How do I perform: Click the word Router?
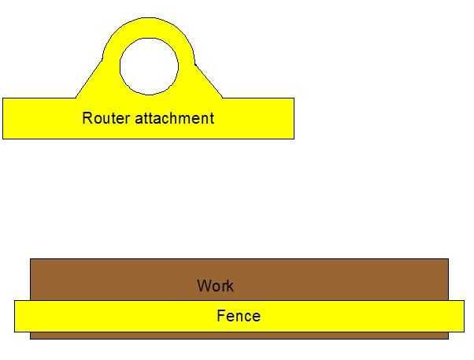point(106,119)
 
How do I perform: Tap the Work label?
point(216,286)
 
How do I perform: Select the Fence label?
point(238,316)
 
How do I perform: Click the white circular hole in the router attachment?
point(149,65)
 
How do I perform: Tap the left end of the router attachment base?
point(9,118)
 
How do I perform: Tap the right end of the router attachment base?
point(287,118)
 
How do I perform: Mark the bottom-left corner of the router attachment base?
point(3,139)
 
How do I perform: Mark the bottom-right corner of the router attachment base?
point(294,139)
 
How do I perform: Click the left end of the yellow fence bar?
point(20,316)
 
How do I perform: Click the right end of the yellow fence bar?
point(458,316)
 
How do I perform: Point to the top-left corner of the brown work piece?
point(31,259)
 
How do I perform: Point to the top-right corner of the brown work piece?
point(448,259)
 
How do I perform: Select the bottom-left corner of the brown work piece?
point(31,338)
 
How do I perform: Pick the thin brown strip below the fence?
point(236,335)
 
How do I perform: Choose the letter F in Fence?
point(220,316)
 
